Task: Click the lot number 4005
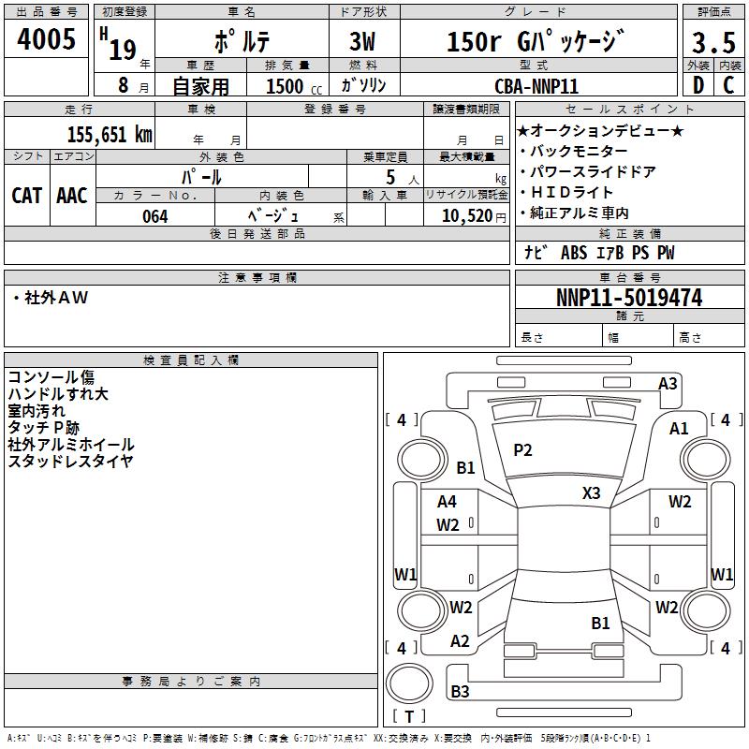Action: [46, 39]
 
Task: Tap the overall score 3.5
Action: [712, 42]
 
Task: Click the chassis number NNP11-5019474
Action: [628, 298]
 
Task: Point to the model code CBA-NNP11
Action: [536, 86]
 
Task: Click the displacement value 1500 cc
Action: [293, 86]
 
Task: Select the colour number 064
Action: [154, 216]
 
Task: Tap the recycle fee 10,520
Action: [464, 216]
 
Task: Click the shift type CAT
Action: [27, 195]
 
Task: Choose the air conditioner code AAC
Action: [72, 195]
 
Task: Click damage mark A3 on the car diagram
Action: [668, 383]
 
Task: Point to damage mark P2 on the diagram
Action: [522, 450]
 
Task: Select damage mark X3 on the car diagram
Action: [591, 493]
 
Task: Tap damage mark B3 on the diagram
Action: [460, 692]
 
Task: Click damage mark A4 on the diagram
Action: [448, 502]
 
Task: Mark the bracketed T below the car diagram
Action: [408, 716]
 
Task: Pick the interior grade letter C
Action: [729, 86]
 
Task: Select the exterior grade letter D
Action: [698, 86]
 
